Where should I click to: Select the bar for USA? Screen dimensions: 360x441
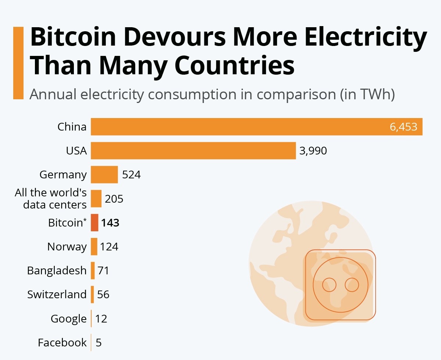point(193,151)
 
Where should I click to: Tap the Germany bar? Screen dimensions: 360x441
point(104,175)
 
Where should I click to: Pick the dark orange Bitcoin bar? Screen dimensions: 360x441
point(95,223)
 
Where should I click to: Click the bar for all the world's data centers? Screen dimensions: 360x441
point(96,199)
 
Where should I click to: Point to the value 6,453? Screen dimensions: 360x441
point(404,127)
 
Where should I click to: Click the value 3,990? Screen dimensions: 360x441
point(313,151)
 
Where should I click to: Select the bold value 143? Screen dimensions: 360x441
point(110,223)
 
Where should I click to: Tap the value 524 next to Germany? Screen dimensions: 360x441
point(131,175)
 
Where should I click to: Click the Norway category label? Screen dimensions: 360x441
point(67,247)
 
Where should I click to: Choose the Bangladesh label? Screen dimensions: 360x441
point(57,271)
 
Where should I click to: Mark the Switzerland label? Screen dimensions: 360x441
point(57,295)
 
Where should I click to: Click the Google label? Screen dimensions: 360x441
point(68,319)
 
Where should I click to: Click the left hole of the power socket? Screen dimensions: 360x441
point(329,284)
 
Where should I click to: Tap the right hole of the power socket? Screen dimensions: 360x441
point(352,284)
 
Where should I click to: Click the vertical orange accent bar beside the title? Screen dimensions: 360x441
point(18,63)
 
